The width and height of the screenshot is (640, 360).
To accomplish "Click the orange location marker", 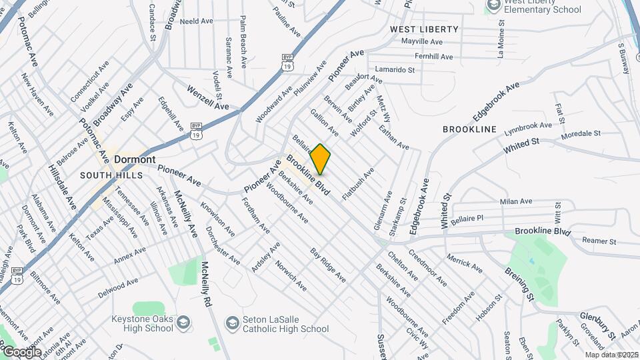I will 321,159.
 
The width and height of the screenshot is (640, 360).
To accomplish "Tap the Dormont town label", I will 135,159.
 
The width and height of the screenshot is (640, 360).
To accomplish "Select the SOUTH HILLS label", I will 111,175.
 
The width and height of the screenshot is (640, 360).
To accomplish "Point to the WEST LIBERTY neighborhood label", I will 424,29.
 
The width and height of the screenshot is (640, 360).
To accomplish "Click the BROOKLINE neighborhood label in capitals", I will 470,129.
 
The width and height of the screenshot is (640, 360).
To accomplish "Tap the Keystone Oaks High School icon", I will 183,325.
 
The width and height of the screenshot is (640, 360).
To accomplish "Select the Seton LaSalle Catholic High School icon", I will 232,323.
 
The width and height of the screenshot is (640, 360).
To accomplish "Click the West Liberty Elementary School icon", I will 493,6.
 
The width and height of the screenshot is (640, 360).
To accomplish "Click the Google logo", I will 21,351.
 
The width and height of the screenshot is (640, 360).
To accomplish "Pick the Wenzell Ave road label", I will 207,97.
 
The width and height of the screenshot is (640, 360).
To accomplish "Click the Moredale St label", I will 581,134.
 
